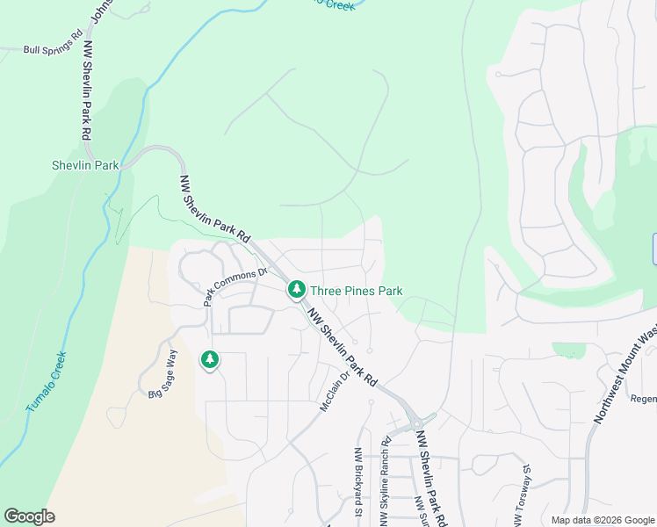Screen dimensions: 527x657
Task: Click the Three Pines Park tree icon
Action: pos(297,289)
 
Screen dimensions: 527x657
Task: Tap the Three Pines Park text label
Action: pos(356,290)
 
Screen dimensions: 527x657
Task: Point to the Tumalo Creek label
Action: pos(47,382)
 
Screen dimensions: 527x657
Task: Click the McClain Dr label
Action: pos(336,393)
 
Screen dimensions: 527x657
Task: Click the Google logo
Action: pos(29,516)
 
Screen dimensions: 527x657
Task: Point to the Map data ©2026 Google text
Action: pos(603,520)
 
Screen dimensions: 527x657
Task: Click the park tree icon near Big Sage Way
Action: pos(209,358)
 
